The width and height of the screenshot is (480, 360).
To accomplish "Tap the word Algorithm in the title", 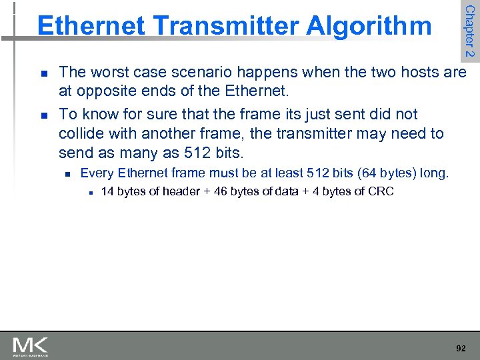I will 369,26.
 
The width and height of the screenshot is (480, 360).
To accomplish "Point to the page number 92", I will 461,348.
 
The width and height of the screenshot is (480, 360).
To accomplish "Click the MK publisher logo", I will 30,346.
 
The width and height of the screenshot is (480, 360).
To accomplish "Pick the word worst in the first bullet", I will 109,72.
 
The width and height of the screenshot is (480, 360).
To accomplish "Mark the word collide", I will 81,133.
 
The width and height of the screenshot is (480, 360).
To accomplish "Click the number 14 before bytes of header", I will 107,192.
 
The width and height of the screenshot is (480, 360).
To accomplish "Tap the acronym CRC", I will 381,192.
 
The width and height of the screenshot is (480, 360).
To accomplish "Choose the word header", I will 177,192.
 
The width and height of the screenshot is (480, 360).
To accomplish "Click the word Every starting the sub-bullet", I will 97,173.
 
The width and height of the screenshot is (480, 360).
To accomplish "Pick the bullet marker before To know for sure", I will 43,115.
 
